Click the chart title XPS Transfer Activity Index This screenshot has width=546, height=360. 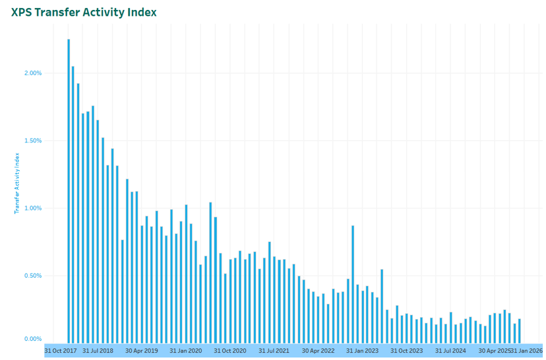[84, 13]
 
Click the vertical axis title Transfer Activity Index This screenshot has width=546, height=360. [18, 183]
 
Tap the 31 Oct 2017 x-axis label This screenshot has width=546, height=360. [61, 351]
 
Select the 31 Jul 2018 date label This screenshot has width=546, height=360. [98, 351]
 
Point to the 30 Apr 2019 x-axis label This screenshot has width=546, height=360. [142, 351]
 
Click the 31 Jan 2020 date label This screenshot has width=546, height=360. [186, 351]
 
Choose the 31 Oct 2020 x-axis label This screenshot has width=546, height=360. [230, 351]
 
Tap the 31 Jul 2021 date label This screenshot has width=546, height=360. [274, 351]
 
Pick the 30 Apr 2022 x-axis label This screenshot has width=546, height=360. [318, 351]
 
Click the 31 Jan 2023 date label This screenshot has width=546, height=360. [363, 351]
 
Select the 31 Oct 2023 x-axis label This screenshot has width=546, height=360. [406, 351]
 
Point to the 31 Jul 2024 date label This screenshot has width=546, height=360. [450, 351]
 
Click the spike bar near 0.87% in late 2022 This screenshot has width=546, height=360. [353, 284]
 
